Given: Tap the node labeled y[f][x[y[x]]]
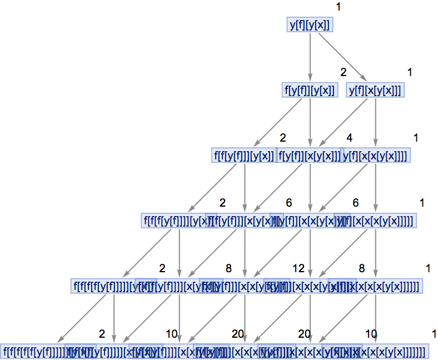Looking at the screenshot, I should coord(376,90).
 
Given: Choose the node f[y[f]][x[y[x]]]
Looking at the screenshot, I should coord(309,156).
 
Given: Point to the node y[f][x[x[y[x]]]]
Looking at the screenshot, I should coord(377,156).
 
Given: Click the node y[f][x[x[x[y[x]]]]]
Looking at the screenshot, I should coord(384,221).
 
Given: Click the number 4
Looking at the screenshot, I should coord(349,137).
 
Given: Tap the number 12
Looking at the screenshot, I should coord(298,268).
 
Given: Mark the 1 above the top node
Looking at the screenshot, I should coord(339,6).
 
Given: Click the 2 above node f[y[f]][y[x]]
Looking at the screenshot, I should coord(343,72).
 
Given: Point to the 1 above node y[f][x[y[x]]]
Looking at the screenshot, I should coord(410,72).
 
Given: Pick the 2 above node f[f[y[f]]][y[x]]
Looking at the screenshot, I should coord(282,137).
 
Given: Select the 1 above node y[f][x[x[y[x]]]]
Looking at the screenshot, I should coord(416,137).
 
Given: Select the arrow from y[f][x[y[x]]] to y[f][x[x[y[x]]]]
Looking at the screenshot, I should coord(376,123).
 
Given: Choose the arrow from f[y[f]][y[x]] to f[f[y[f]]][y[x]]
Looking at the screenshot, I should coord(277,123).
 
